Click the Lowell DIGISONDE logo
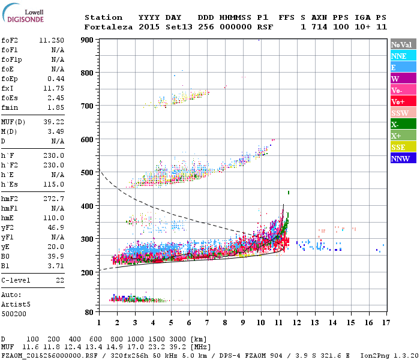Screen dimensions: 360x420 click(21, 16)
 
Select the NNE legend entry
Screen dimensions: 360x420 click(399, 56)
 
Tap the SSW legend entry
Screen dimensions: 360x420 click(400, 113)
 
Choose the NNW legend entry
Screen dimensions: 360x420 click(400, 158)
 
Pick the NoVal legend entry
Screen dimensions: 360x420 click(400, 44)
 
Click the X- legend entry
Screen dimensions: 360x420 click(395, 124)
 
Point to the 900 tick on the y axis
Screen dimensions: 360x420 click(87, 40)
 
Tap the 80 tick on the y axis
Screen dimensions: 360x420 click(89, 312)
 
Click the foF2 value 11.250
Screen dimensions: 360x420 click(52, 40)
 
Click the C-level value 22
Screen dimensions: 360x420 click(59, 280)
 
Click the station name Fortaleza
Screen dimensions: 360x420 click(106, 27)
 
